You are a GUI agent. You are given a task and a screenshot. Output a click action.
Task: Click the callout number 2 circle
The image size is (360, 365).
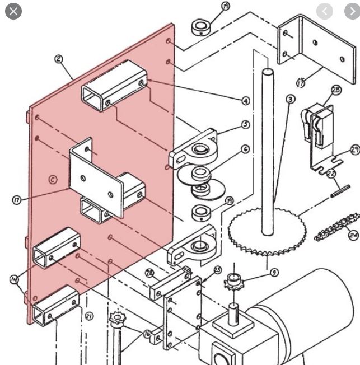coord(59,59)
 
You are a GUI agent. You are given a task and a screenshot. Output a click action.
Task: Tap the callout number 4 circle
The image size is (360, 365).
coord(245,101)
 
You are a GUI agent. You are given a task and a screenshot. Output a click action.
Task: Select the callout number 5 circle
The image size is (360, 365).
coord(245,125)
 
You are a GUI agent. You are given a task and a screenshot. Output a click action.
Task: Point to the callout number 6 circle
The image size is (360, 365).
coord(245,149)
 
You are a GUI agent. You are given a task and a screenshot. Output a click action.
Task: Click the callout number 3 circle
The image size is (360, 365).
coord(290,100)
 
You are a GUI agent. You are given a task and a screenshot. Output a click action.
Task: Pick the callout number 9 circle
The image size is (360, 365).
coord(274,273)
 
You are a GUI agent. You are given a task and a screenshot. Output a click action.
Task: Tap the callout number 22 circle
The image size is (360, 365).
coord(331,174)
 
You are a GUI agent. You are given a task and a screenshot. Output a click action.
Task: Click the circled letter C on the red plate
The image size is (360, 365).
coord(52,180)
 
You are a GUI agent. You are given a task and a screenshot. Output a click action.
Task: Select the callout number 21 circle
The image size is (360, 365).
coord(89,317)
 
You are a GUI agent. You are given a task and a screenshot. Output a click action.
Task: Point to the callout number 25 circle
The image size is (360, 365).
coord(217,270)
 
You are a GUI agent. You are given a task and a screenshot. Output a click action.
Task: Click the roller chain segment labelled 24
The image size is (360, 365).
coord(335,227)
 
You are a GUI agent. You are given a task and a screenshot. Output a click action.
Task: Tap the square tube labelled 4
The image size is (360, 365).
coord(114,85)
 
